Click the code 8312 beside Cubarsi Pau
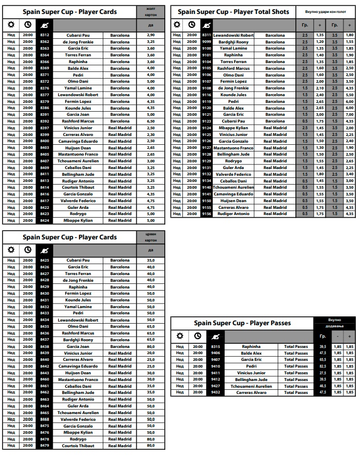[x=45, y=35]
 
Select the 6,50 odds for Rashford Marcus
[x=151, y=121]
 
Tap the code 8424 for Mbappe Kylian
[x=45, y=220]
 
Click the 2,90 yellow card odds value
[x=151, y=35]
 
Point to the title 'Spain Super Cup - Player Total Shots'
[x=233, y=12]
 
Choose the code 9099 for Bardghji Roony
[x=207, y=42]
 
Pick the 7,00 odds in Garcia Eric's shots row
[x=350, y=114]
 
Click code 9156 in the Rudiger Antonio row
[x=207, y=214]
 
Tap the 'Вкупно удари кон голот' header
[x=325, y=11]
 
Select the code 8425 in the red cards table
[x=45, y=260]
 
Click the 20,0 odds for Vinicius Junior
[x=151, y=353]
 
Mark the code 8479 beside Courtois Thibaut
[x=45, y=445]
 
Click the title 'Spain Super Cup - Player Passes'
[x=242, y=323]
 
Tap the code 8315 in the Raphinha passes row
[x=215, y=346]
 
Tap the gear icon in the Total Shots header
[x=177, y=24]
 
